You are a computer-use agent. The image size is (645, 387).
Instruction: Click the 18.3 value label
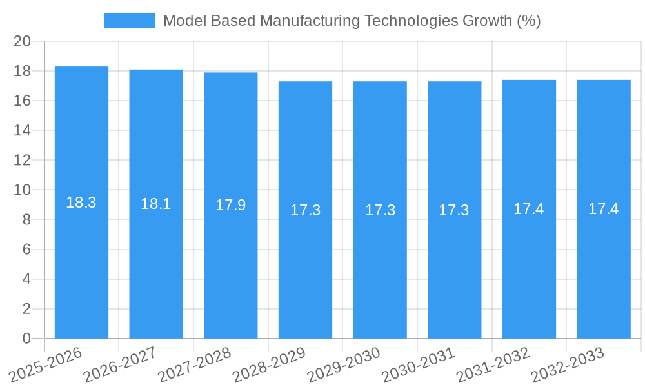(81, 203)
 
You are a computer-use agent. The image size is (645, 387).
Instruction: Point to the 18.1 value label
(156, 204)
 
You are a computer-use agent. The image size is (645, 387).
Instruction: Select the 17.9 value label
(231, 205)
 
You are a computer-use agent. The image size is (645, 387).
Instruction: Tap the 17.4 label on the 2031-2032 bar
(529, 209)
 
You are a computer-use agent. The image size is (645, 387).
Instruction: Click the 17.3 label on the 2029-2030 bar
(381, 210)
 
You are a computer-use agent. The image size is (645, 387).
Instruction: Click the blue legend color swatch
(130, 21)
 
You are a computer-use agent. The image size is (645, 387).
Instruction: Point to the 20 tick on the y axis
(23, 41)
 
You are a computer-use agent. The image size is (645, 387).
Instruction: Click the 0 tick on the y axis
(26, 339)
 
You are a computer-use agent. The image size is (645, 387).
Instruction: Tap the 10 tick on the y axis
(23, 190)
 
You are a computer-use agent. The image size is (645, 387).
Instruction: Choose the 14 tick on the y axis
(23, 130)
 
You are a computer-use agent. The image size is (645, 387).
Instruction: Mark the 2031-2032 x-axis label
(493, 365)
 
